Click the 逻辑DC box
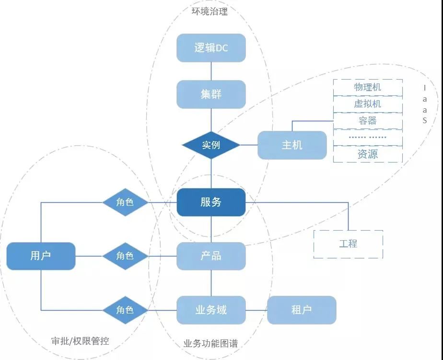pyautogui.click(x=211, y=48)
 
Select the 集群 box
pyautogui.click(x=211, y=94)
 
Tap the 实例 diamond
pyautogui.click(x=211, y=145)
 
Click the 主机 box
pyautogui.click(x=292, y=145)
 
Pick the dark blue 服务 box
pyautogui.click(x=211, y=202)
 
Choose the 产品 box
pyautogui.click(x=211, y=256)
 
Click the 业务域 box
pyautogui.click(x=211, y=310)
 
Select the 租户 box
pyautogui.click(x=302, y=310)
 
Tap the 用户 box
pyautogui.click(x=41, y=256)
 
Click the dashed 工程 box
pyautogui.click(x=348, y=244)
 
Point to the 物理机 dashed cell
pyautogui.click(x=368, y=87)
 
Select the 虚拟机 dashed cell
pyautogui.click(x=368, y=104)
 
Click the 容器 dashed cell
pyautogui.click(x=368, y=121)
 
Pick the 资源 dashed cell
pyautogui.click(x=368, y=154)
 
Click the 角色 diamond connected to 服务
pyautogui.click(x=125, y=202)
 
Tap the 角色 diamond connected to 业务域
pyautogui.click(x=125, y=310)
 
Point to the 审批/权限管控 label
pyautogui.click(x=80, y=341)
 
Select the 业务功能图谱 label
pyautogui.click(x=210, y=344)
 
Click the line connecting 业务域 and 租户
pyautogui.click(x=256, y=310)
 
